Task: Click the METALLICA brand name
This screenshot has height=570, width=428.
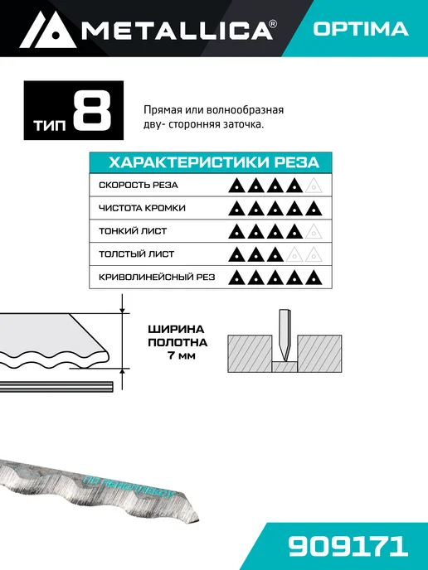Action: click(178, 30)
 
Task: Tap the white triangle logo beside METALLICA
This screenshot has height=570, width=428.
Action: click(47, 30)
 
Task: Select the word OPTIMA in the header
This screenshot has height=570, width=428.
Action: click(361, 29)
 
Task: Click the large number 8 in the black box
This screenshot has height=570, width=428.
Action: click(92, 110)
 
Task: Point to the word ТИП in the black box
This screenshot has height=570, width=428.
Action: click(50, 126)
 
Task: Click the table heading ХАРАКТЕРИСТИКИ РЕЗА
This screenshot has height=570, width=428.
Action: click(214, 162)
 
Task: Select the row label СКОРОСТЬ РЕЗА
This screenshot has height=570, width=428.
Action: click(139, 185)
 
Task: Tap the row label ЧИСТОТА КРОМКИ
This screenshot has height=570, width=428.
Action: click(143, 208)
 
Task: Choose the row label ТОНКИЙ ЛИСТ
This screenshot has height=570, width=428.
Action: click(133, 231)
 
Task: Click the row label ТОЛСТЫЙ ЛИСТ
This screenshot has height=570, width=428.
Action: click(137, 254)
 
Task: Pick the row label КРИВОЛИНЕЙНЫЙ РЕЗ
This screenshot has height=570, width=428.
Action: click(157, 278)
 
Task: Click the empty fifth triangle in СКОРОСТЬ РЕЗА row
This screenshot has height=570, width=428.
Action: click(314, 186)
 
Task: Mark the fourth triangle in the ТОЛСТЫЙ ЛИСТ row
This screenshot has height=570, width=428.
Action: click(294, 255)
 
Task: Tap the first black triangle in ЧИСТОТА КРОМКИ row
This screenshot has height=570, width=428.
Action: click(236, 209)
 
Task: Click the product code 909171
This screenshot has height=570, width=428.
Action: click(348, 546)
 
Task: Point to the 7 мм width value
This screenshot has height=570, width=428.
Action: click(182, 355)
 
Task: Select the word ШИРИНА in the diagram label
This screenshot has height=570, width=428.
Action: click(176, 330)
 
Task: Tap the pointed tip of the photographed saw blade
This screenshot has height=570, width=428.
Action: click(198, 519)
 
